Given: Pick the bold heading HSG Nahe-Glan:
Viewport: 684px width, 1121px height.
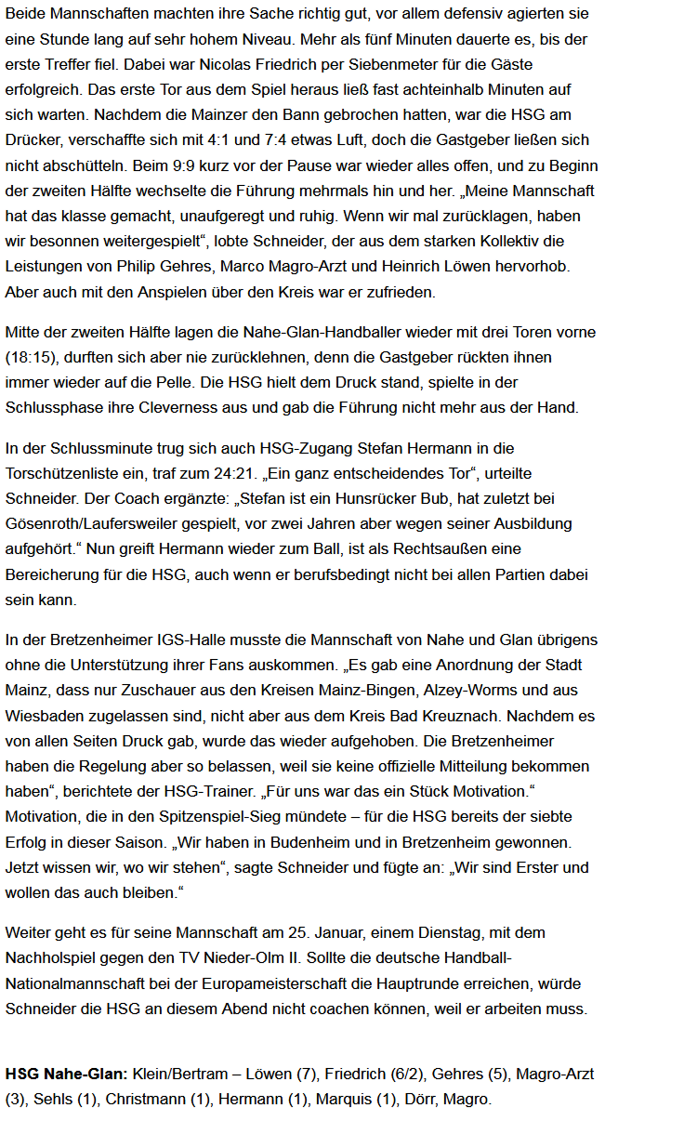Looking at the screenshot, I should pyautogui.click(x=66, y=1073).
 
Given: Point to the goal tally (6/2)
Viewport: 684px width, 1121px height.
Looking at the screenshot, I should pyautogui.click(x=411, y=1073).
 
